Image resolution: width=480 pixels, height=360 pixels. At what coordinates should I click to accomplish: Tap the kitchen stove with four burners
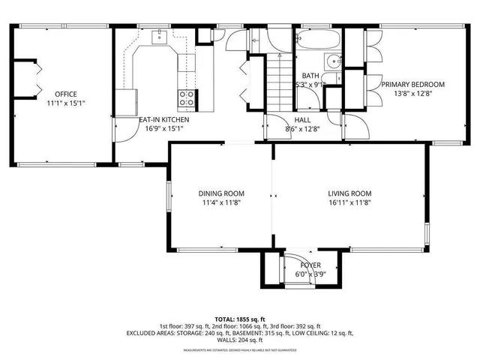186,97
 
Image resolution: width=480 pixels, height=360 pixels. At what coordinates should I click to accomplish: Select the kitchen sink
160,35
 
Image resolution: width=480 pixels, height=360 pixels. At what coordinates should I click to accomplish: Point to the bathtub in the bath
318,39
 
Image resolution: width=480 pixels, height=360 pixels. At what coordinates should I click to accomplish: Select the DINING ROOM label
220,193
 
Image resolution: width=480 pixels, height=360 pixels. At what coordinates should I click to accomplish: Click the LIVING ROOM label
350,193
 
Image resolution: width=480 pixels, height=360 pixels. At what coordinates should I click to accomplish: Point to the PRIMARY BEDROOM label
412,85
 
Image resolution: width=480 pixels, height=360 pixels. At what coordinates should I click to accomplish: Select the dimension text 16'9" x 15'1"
163,128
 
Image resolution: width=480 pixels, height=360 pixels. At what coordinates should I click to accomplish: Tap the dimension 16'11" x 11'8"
350,202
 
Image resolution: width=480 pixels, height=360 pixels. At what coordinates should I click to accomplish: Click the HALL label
302,119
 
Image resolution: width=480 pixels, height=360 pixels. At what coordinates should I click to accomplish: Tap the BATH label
310,76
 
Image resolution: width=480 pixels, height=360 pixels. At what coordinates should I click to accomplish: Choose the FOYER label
310,265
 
